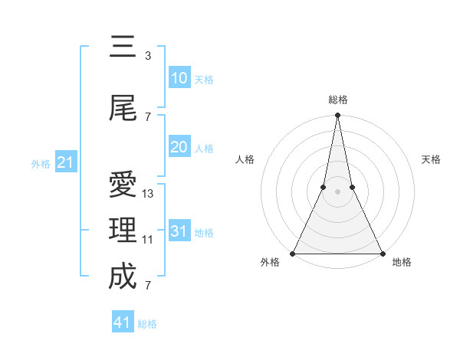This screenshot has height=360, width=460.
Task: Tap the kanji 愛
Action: (x=123, y=185)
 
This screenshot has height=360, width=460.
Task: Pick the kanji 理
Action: (x=123, y=231)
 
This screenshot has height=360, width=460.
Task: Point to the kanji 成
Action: (x=123, y=276)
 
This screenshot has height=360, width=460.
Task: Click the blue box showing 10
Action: (x=179, y=78)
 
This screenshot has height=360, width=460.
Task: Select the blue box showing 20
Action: (x=179, y=147)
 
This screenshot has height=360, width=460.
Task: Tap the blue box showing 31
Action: (x=179, y=231)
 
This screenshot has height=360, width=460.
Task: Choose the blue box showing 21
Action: (x=65, y=162)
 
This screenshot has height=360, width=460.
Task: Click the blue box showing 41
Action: (x=123, y=322)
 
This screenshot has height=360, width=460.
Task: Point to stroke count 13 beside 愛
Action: (x=148, y=194)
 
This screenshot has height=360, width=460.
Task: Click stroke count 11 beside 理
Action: (x=148, y=240)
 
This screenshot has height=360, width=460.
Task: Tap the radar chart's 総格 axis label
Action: (x=337, y=100)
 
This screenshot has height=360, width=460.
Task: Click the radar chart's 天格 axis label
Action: (x=431, y=159)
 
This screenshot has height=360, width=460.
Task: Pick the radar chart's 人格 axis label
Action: (x=245, y=159)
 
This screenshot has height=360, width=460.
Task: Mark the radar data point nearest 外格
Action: (x=293, y=253)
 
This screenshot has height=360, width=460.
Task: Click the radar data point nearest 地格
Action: (x=382, y=253)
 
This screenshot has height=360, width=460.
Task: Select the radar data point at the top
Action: (x=337, y=116)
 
